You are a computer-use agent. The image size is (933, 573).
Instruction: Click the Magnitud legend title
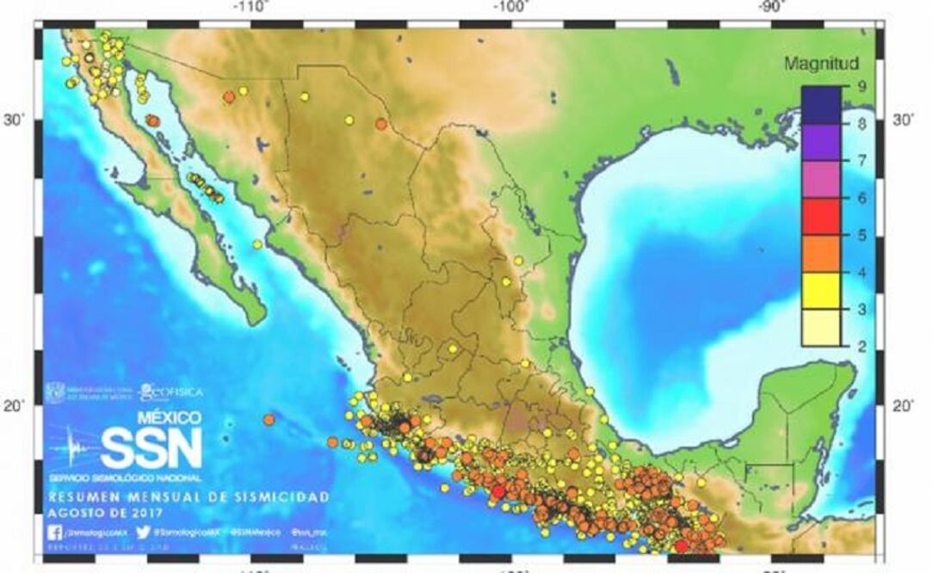(x=821, y=64)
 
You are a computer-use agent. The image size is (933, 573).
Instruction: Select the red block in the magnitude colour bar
(x=821, y=216)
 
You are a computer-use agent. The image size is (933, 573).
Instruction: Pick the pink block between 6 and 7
(x=821, y=179)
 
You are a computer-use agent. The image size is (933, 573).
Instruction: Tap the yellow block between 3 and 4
(x=821, y=290)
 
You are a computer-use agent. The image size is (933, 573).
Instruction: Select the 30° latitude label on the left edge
(x=15, y=120)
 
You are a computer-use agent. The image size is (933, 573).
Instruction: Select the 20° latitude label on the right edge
(x=902, y=405)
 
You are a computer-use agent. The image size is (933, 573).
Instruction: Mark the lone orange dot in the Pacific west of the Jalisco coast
(x=269, y=420)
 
